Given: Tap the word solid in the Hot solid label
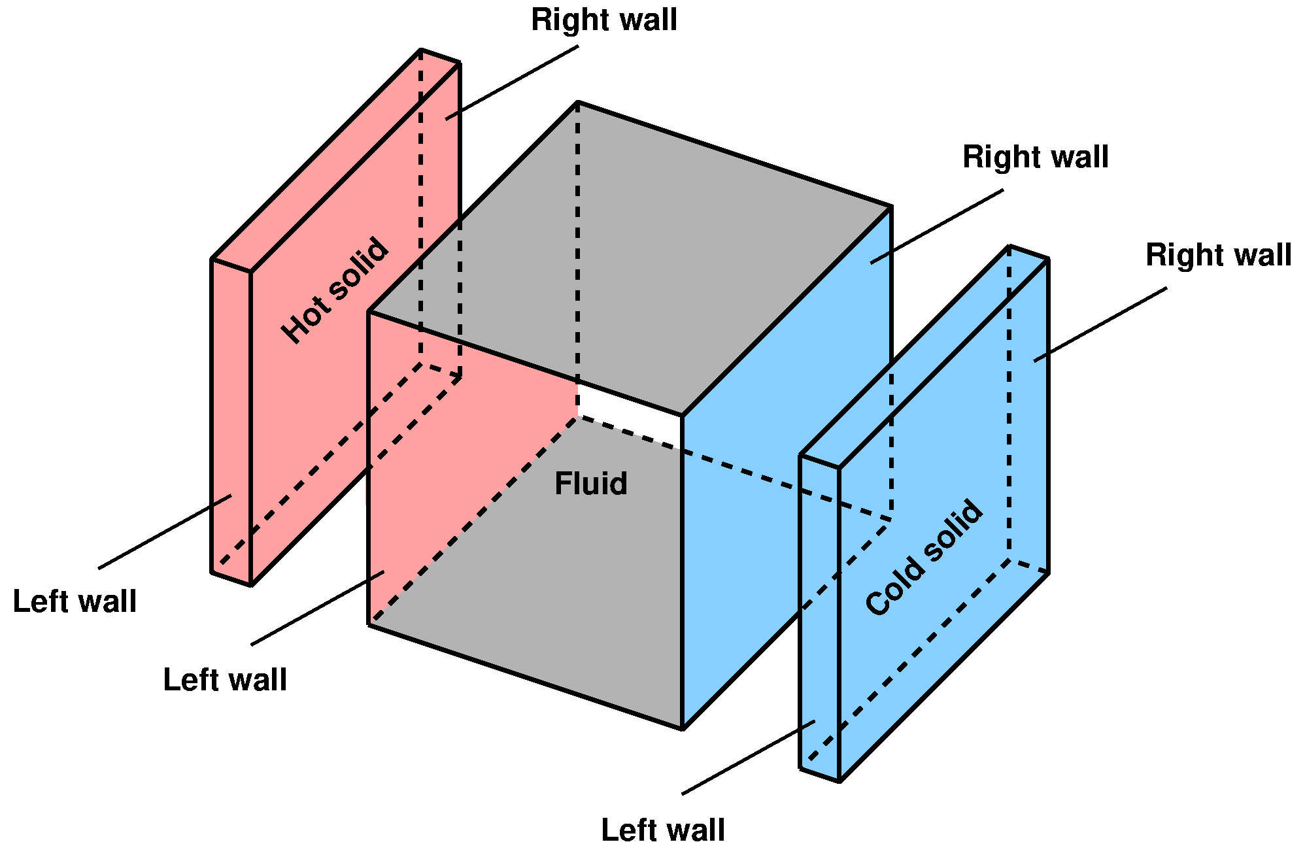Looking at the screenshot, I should [360, 267].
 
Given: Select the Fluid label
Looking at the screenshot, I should [590, 484].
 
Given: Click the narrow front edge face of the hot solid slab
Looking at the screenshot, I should [232, 418].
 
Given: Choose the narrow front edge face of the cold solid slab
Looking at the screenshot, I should [820, 615].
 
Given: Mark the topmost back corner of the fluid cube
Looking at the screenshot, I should [578, 106].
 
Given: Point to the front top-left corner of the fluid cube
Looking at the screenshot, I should [371, 312].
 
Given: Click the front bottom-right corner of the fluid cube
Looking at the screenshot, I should [682, 724].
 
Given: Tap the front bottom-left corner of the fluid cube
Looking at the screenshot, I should [371, 622].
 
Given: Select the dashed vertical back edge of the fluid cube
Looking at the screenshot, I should [578, 248].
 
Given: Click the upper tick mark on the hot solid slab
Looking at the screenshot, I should [451, 117].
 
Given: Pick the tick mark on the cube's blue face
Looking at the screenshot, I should [880, 258].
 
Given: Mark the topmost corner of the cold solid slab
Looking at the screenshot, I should [1011, 250].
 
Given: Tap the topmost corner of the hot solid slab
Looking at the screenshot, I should [422, 54].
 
